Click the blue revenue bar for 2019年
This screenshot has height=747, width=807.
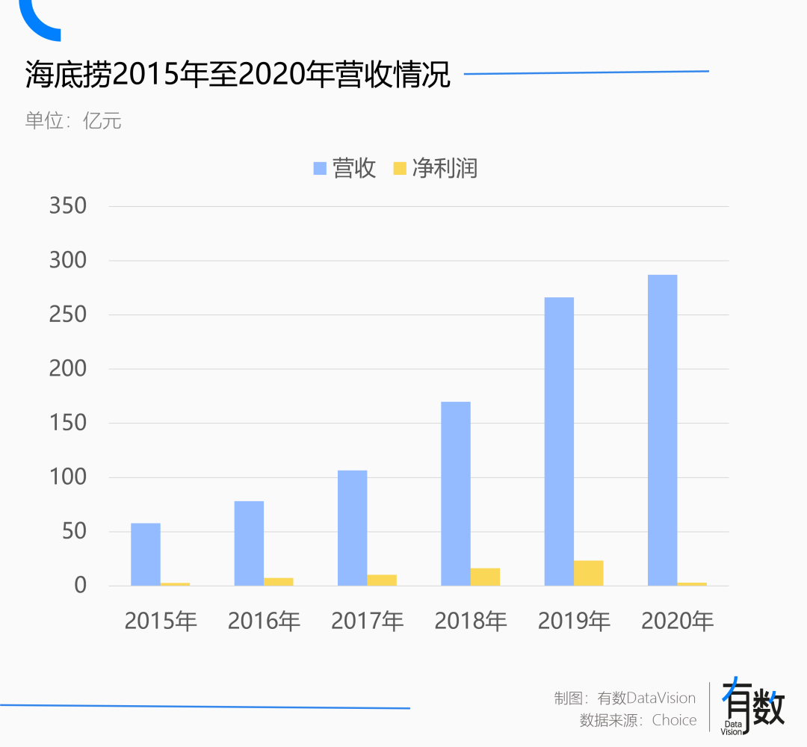[559, 441]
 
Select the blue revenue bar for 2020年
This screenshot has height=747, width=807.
[662, 430]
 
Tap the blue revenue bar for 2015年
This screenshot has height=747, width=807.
[146, 554]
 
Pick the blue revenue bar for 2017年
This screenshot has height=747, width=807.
[352, 527]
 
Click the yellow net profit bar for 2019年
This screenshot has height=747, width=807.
[589, 573]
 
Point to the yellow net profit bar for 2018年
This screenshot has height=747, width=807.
[485, 577]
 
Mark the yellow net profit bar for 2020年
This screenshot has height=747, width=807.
[692, 583]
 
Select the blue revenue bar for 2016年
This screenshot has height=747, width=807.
[249, 543]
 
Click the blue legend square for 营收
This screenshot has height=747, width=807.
[320, 168]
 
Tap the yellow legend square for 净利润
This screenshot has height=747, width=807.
[400, 168]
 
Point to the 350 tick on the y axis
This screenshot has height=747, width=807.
[68, 206]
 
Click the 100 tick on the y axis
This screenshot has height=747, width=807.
[68, 477]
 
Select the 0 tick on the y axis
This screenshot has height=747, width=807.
[80, 586]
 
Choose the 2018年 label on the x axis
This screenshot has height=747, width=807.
[471, 621]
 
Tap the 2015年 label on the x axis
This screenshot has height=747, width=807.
[161, 621]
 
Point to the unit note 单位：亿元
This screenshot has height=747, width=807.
[73, 120]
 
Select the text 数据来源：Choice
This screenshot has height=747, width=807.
[638, 720]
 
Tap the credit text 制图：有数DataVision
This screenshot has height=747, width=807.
[625, 698]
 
